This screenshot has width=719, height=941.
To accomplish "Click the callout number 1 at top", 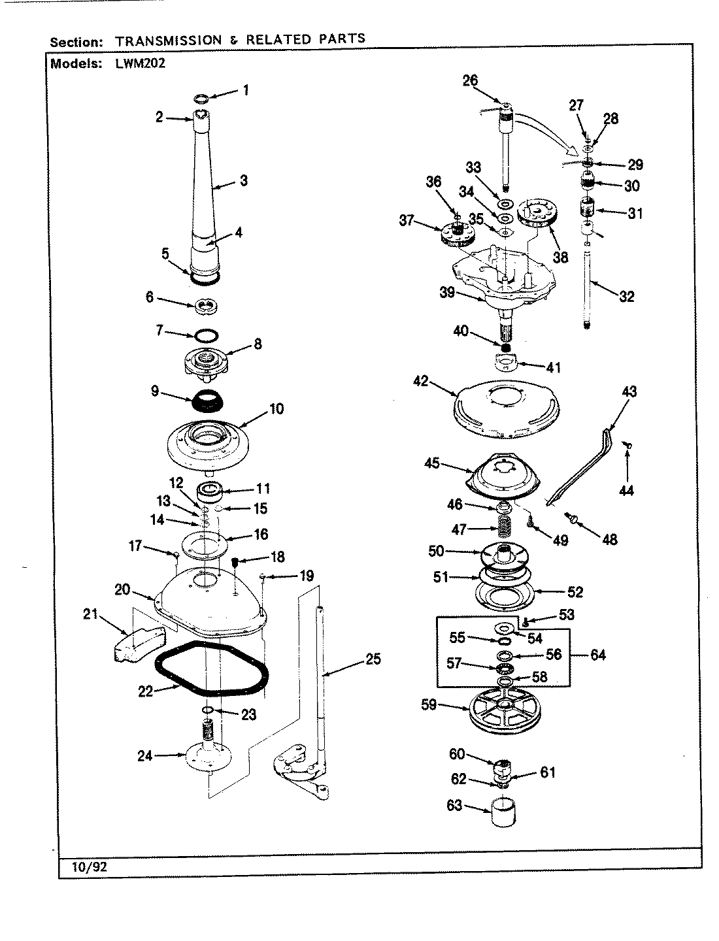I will (x=245, y=91).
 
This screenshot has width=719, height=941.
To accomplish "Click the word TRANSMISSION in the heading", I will (x=169, y=40).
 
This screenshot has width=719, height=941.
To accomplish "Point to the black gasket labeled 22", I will (x=212, y=669).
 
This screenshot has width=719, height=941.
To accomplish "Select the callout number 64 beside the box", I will (x=597, y=655).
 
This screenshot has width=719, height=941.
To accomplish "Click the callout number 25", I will (x=372, y=659).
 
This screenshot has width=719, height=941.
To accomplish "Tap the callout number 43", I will (x=629, y=392).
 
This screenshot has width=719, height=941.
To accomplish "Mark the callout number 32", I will (x=626, y=297).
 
